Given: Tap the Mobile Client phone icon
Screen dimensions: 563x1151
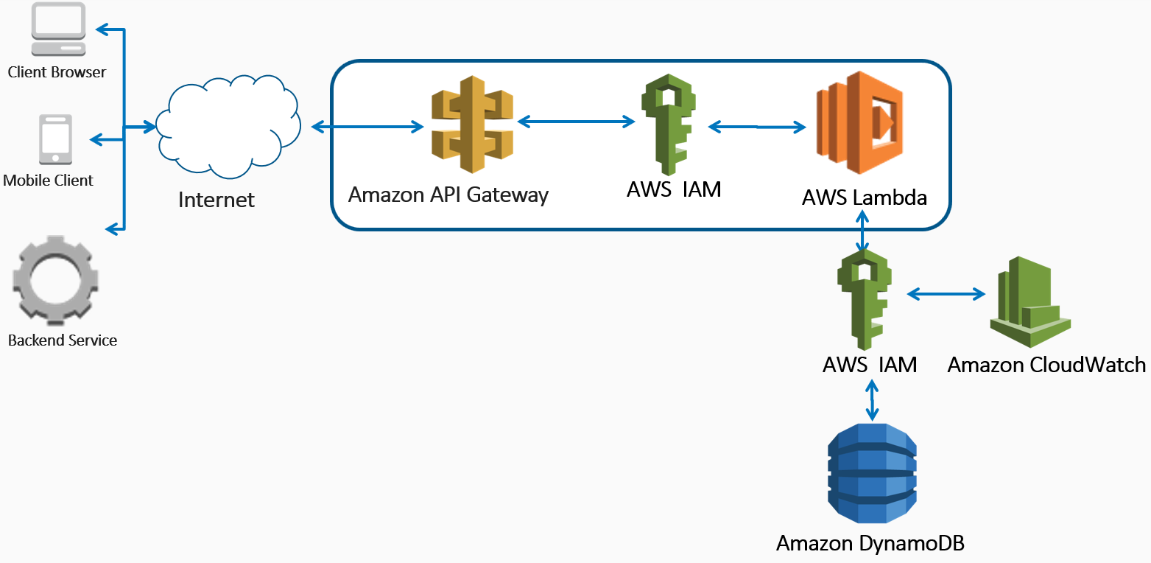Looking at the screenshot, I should (56, 139).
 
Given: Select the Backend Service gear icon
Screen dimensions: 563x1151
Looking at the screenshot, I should (55, 281).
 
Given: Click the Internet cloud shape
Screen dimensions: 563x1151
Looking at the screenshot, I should (229, 127).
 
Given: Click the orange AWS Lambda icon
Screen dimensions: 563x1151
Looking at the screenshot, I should (859, 122).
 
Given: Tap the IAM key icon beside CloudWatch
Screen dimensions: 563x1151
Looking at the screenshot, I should (865, 298).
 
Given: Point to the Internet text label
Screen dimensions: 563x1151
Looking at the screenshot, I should (217, 200).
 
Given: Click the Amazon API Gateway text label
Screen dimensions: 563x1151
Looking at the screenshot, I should (448, 195).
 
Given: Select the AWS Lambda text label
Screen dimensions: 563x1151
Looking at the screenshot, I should (865, 197).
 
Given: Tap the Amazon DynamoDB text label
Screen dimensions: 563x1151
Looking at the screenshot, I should (870, 544).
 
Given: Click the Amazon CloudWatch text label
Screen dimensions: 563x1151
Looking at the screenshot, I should (1046, 365).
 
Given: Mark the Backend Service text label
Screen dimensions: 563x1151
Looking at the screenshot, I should (63, 340).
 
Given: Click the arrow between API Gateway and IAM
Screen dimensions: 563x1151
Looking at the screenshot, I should (577, 120).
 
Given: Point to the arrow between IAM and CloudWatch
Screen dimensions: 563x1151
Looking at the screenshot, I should (946, 295).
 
